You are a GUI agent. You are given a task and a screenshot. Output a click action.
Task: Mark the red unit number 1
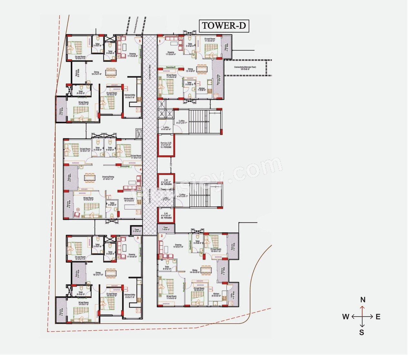tap(162, 42)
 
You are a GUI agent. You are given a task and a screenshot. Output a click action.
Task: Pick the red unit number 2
tap(164, 239)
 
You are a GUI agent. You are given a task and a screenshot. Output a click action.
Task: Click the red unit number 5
tap(142, 42)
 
